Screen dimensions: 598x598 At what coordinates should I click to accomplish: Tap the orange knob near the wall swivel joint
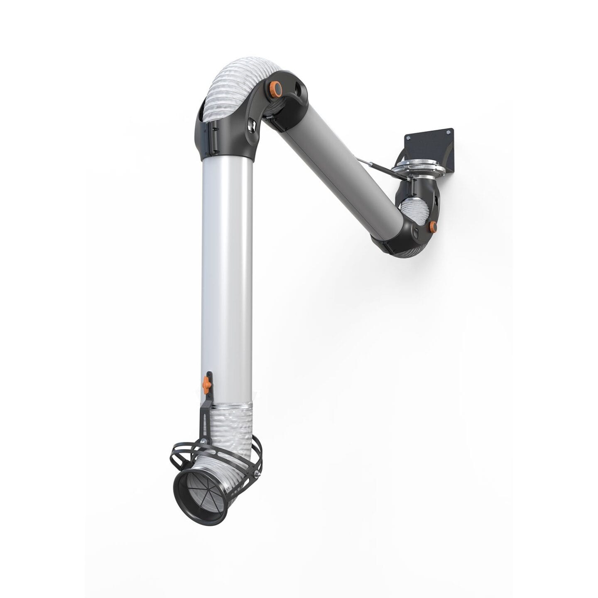click(x=433, y=226)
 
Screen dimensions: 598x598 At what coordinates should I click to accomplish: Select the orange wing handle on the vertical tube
click(x=205, y=384)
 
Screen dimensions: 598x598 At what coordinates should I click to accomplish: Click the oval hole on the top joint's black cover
click(x=298, y=89)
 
